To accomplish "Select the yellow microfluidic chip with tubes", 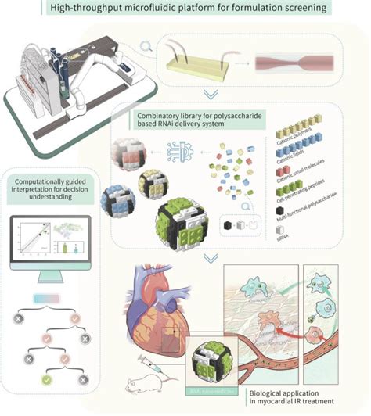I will pyautogui.click(x=196, y=58).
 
